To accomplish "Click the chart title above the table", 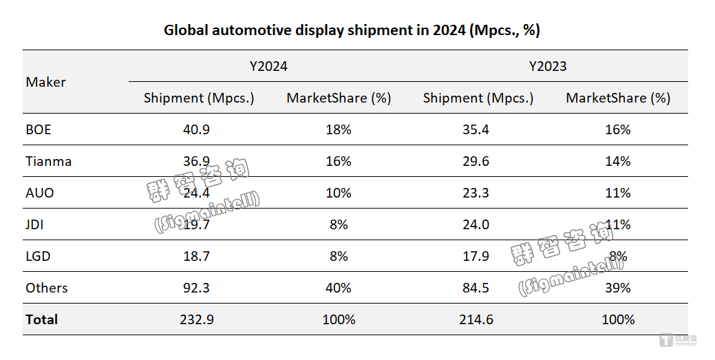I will click(x=352, y=30).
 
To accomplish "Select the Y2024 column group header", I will click(x=268, y=66).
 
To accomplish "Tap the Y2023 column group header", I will click(x=548, y=66).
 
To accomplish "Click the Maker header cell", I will click(x=46, y=82).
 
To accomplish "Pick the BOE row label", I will click(x=39, y=129).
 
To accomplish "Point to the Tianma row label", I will click(x=49, y=161).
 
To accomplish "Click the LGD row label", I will click(x=39, y=256).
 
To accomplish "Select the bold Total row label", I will click(x=42, y=319).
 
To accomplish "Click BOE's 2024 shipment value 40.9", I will click(x=198, y=129).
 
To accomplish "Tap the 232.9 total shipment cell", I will click(x=198, y=319).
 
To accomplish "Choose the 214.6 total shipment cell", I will click(x=478, y=319).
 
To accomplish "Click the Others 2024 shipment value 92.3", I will click(x=198, y=288).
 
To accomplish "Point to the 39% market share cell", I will click(x=618, y=288).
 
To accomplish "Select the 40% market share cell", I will click(x=339, y=288).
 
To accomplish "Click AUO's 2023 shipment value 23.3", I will click(x=478, y=193).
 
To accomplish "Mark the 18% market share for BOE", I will click(x=339, y=129).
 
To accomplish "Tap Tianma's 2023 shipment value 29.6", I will click(x=478, y=161).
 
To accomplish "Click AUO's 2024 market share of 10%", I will click(x=339, y=193).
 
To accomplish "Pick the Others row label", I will click(x=47, y=288).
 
